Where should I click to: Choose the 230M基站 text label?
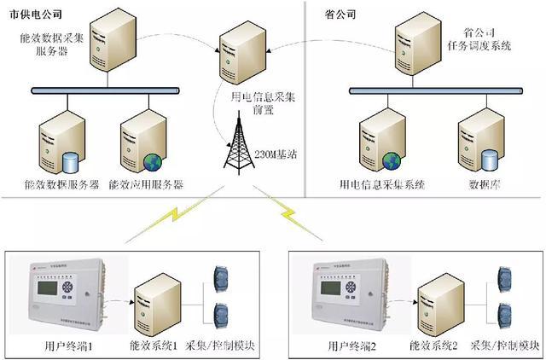tap(276, 154)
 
